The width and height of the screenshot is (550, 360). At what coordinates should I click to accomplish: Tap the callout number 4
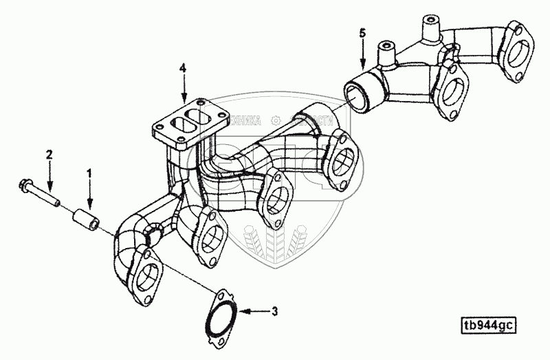coord(183,68)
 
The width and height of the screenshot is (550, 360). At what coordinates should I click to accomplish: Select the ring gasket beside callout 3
coord(220,318)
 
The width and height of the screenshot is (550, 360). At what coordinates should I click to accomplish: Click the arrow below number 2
coord(49,177)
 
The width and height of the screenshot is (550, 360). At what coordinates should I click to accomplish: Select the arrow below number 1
coord(88,194)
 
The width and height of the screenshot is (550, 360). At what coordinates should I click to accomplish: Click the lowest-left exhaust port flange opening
coord(146,280)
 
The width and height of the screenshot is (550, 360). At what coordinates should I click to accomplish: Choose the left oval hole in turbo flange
coord(175,126)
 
